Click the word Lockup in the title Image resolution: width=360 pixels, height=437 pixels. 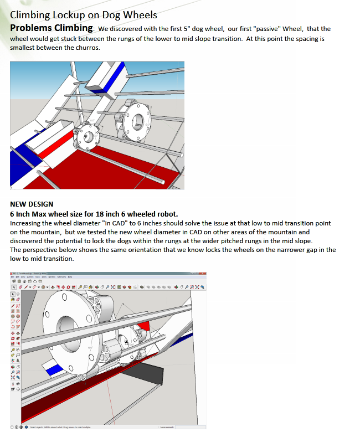coord(70,15)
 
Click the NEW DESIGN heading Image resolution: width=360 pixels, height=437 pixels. coord(32,204)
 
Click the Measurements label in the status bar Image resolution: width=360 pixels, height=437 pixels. coord(167,427)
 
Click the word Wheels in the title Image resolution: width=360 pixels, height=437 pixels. coord(141,15)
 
